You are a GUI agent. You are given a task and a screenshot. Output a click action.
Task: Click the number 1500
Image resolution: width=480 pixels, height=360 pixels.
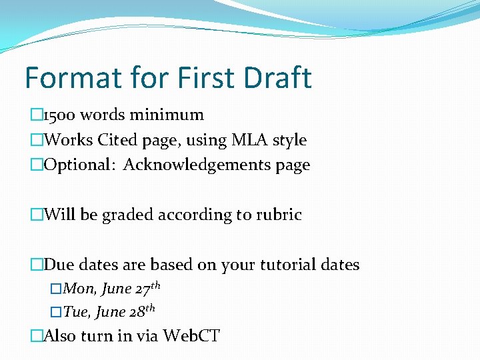click(x=58, y=115)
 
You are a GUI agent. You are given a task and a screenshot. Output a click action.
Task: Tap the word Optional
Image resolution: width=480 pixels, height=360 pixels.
click(x=75, y=165)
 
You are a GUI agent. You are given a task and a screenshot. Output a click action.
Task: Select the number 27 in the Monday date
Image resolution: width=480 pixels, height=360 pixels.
click(x=142, y=290)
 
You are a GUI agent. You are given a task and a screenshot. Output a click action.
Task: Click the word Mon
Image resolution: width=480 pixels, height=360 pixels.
click(x=77, y=290)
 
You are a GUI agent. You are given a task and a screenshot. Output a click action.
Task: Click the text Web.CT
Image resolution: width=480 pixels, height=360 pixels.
click(x=191, y=335)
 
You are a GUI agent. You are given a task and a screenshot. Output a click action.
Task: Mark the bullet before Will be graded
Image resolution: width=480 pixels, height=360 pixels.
click(x=36, y=215)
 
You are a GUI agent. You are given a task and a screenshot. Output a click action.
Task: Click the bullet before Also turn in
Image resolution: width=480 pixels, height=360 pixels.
click(x=36, y=335)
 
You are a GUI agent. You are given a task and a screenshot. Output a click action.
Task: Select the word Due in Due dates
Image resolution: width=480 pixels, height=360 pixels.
click(x=59, y=265)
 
